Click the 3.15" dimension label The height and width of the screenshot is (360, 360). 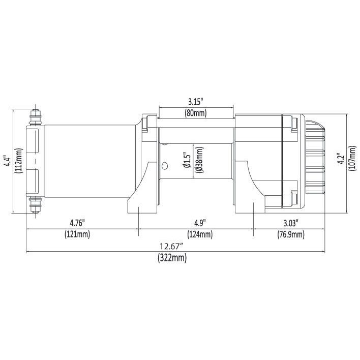coord(196,102)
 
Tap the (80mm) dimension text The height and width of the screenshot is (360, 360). coord(196,113)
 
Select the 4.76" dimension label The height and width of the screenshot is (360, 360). coord(77,223)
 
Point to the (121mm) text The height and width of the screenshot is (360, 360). coord(77,234)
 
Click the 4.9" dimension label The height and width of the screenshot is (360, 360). coord(200,223)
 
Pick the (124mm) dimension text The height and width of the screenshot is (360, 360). coord(200,234)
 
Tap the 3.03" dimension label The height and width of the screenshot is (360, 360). coord(291,223)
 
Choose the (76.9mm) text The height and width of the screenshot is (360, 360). coord(291,234)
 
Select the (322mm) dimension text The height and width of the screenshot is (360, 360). coord(172,258)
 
